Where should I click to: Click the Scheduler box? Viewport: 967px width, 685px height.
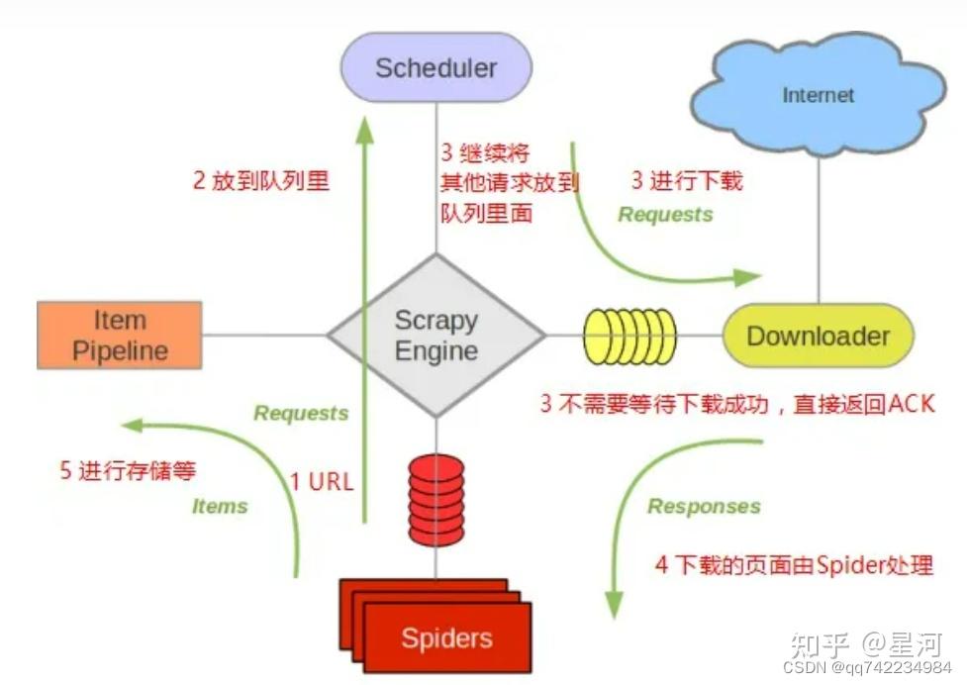[x=435, y=67]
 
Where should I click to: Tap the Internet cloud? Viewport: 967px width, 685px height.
[x=818, y=96]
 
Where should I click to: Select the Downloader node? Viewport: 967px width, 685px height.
[x=818, y=336]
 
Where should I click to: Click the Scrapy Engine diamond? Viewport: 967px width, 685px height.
[x=435, y=336]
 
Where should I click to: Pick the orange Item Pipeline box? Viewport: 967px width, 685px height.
[x=120, y=336]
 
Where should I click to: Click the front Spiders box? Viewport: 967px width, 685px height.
[x=446, y=637]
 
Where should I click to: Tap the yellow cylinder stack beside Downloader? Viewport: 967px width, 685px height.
[x=629, y=336]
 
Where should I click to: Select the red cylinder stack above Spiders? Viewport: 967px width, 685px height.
[x=435, y=500]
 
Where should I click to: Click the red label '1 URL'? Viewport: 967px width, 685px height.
[x=321, y=482]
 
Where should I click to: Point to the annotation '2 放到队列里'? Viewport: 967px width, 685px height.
[x=260, y=181]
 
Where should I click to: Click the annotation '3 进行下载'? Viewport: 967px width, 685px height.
[x=687, y=181]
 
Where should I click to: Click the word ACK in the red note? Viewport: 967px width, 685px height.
[x=911, y=403]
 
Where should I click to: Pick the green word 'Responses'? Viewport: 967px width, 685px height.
[x=704, y=507]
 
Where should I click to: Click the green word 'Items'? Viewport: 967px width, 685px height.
[x=219, y=506]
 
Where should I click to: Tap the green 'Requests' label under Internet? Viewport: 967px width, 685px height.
[x=665, y=214]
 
